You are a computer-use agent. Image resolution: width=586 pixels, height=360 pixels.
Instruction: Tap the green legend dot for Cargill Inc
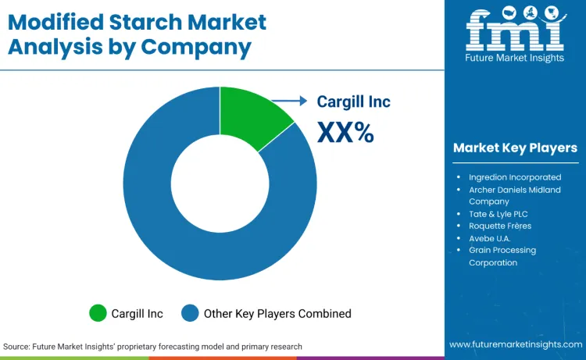(x=98, y=313)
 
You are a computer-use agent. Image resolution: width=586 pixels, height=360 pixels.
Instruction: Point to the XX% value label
(x=345, y=132)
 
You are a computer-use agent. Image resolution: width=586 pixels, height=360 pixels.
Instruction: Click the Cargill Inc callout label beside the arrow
(x=353, y=102)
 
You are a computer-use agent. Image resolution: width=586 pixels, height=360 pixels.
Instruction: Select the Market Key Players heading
(x=515, y=148)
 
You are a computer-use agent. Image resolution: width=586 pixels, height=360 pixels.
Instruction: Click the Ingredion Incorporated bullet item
(x=514, y=177)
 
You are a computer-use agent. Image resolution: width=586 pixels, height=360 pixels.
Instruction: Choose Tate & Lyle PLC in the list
(x=498, y=213)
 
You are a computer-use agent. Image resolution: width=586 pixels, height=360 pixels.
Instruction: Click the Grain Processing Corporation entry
(x=503, y=256)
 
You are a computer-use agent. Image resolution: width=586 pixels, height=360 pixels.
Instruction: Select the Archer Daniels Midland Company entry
(x=514, y=195)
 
